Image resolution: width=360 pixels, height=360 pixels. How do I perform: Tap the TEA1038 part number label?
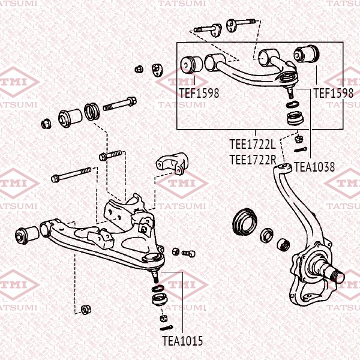(314, 167)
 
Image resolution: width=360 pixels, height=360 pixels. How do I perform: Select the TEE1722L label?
(253, 145)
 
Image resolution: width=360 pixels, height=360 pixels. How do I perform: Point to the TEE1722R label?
(253, 160)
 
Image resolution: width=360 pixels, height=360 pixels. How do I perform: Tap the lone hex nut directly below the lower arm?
(85, 310)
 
